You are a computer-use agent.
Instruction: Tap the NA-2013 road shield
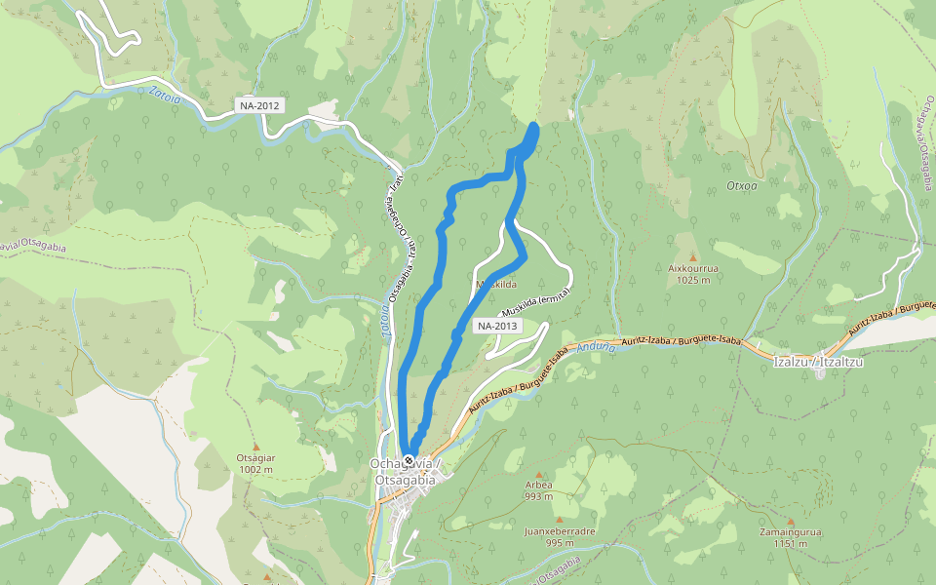pyautogui.click(x=497, y=326)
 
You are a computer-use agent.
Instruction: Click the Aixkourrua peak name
pyautogui.click(x=694, y=267)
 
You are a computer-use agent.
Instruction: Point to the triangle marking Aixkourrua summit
pyautogui.click(x=694, y=256)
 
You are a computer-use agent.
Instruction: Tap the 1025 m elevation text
pyautogui.click(x=694, y=279)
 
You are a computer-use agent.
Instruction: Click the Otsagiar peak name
pyautogui.click(x=255, y=457)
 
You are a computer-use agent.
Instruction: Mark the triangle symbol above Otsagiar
pyautogui.click(x=255, y=446)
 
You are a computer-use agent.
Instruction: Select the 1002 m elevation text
pyautogui.click(x=255, y=469)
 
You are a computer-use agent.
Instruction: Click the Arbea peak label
pyautogui.click(x=538, y=485)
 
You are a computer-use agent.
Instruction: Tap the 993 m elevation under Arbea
pyautogui.click(x=538, y=496)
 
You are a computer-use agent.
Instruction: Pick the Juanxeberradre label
pyautogui.click(x=560, y=531)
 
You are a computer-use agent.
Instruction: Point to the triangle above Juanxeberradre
pyautogui.click(x=560, y=520)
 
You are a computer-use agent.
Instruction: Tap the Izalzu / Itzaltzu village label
pyautogui.click(x=819, y=362)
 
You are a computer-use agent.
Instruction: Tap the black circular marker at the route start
pyautogui.click(x=409, y=460)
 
